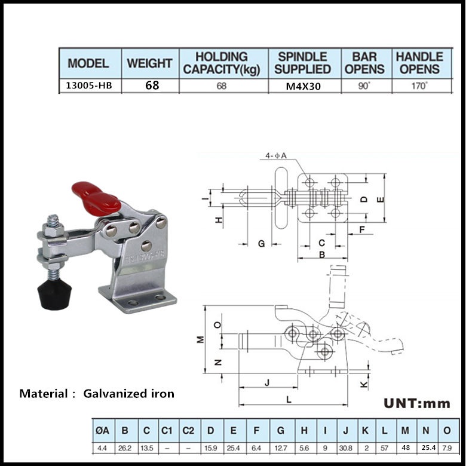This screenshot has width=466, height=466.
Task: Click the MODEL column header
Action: tap(88, 63)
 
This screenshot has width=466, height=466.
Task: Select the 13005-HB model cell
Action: tap(88, 85)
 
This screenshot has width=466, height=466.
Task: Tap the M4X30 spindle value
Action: tap(303, 85)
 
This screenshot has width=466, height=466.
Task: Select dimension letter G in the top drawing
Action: tap(261, 243)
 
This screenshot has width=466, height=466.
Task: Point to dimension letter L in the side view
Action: tap(289, 400)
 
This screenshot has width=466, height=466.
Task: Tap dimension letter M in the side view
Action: tap(201, 339)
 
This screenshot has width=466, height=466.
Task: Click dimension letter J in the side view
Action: tap(267, 382)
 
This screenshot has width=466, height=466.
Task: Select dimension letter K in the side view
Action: tap(364, 384)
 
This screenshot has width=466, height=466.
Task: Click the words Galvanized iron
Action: tap(129, 393)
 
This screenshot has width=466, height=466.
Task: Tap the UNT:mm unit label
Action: tap(417, 403)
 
